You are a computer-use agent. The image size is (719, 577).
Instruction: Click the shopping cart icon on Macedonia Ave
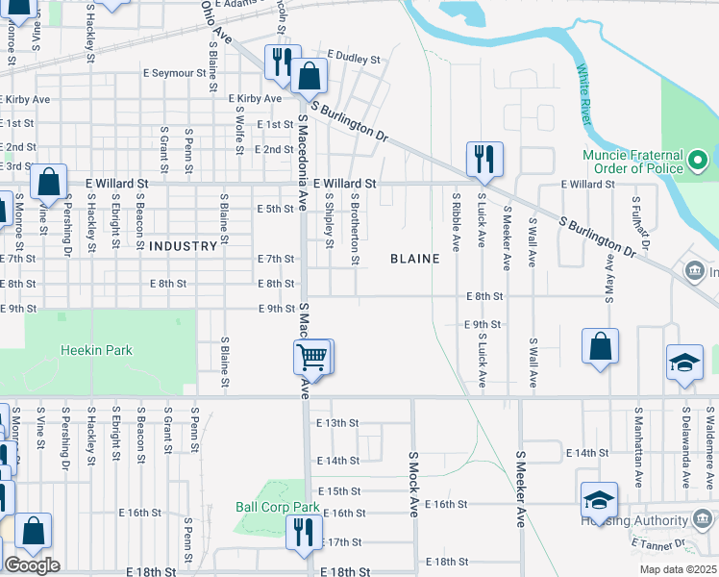(311, 357)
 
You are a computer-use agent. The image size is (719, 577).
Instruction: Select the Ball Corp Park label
(277, 507)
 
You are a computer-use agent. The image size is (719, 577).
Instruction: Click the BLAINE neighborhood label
(414, 259)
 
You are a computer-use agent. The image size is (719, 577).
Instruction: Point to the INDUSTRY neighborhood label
(184, 246)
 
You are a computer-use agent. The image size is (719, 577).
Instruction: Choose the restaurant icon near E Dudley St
(282, 62)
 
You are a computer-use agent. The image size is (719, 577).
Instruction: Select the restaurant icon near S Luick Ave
(484, 158)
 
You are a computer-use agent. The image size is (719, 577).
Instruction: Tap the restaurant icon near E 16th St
(303, 531)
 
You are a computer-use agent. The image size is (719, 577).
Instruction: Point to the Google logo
(32, 565)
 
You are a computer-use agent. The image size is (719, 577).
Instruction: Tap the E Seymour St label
(174, 73)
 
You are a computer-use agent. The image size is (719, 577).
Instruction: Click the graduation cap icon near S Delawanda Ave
(684, 363)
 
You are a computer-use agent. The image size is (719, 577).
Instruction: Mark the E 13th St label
(336, 423)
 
